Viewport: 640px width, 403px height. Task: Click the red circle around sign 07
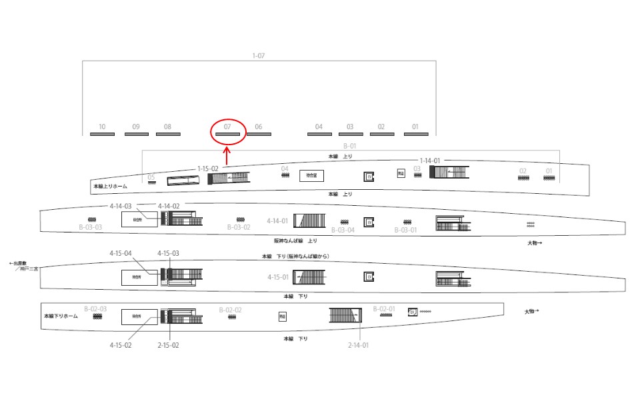click(228, 131)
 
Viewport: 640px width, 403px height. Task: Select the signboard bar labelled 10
click(102, 135)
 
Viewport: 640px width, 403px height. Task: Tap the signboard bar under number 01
click(416, 135)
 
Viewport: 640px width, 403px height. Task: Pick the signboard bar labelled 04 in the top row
click(319, 135)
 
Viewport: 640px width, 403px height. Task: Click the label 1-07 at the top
click(259, 56)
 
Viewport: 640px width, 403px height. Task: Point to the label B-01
click(350, 146)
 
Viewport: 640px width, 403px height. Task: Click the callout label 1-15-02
click(207, 169)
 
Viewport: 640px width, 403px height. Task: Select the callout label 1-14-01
click(429, 161)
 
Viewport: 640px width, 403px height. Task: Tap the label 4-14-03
click(121, 206)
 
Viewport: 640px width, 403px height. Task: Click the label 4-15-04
click(121, 253)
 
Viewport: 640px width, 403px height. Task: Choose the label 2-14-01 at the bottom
click(358, 345)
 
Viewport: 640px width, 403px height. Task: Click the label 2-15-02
click(168, 345)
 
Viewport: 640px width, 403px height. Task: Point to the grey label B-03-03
click(90, 227)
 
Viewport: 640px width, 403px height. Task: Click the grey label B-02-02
click(230, 310)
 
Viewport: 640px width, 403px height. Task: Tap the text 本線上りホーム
click(110, 187)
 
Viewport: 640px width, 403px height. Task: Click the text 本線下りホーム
click(61, 316)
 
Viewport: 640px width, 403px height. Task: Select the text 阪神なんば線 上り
click(295, 240)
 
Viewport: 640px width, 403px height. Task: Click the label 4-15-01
click(278, 276)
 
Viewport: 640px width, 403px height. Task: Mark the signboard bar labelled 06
click(259, 135)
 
